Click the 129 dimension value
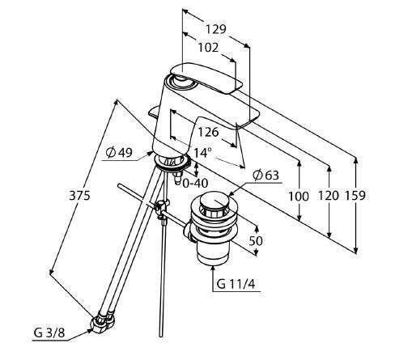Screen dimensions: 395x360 [216, 29]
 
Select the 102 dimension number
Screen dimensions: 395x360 [208, 48]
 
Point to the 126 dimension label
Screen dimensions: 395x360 [208, 132]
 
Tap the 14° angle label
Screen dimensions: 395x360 [201, 153]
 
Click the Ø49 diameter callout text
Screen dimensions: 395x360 [119, 153]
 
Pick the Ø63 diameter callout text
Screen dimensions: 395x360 [265, 176]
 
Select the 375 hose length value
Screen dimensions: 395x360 [79, 195]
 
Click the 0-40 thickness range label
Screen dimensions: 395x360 [195, 184]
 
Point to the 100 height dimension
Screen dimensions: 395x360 [299, 197]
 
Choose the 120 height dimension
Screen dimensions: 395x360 [329, 196]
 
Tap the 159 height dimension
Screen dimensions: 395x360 [355, 196]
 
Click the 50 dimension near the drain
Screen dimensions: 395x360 [256, 241]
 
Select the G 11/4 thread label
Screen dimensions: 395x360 [236, 284]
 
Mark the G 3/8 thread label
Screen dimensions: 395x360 [49, 332]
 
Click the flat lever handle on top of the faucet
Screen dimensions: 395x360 [206, 78]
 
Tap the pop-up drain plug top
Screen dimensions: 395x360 [214, 201]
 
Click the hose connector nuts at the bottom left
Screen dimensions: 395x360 [103, 321]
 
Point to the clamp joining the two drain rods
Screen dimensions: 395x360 [161, 207]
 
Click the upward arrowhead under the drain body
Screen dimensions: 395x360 [213, 269]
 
